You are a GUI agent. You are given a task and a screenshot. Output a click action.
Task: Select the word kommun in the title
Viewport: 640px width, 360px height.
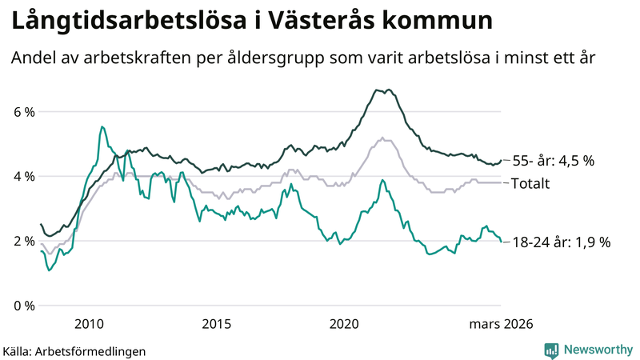coord(450,22)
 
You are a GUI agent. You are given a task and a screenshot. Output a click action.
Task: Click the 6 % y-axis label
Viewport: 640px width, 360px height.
coord(23,111)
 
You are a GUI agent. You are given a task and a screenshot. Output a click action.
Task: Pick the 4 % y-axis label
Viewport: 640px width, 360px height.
coord(23,176)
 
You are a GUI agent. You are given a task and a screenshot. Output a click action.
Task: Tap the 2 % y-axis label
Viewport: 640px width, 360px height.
coord(23,241)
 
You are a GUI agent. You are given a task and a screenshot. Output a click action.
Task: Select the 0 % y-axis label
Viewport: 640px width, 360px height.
coord(23,306)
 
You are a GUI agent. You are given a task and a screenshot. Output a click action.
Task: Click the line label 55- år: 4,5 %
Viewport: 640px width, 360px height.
coord(552,161)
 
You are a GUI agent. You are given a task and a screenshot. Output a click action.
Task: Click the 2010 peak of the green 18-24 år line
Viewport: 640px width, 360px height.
coord(102,126)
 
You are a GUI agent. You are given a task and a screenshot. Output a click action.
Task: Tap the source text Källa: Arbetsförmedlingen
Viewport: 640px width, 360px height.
coord(74,350)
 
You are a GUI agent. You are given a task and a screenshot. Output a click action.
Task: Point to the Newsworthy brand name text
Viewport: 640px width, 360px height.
coord(597,350)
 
